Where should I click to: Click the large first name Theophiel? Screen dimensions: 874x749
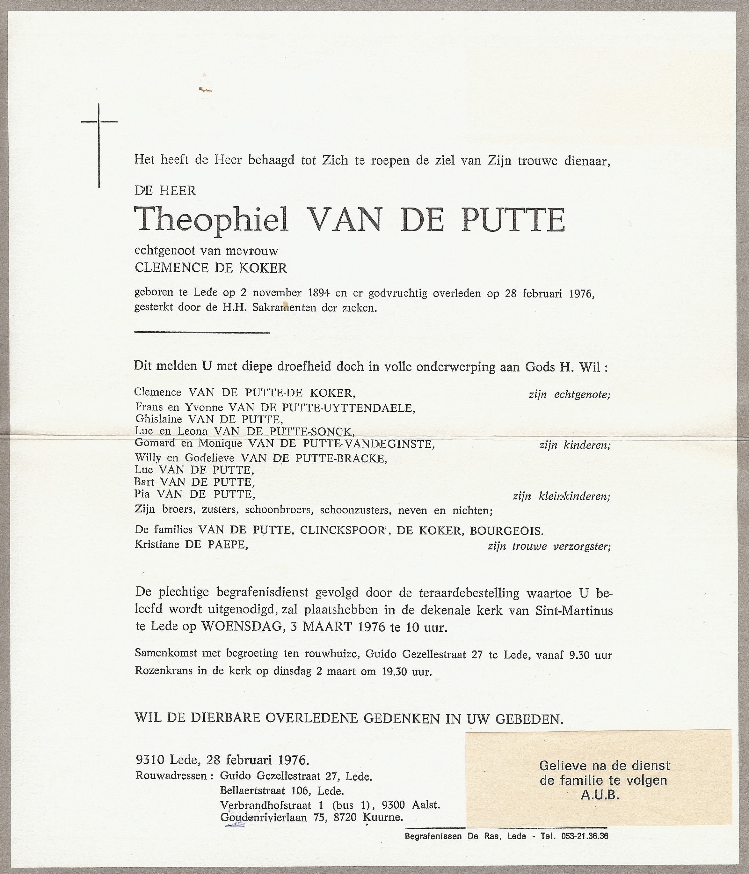pos(211,220)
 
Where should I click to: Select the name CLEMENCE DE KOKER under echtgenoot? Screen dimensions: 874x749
pos(211,268)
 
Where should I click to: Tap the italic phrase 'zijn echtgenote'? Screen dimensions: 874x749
pos(569,395)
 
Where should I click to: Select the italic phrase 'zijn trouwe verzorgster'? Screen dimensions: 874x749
pos(549,547)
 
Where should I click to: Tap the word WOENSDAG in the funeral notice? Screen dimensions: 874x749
pos(241,627)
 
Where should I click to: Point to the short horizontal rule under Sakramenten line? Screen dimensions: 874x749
pos(202,333)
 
